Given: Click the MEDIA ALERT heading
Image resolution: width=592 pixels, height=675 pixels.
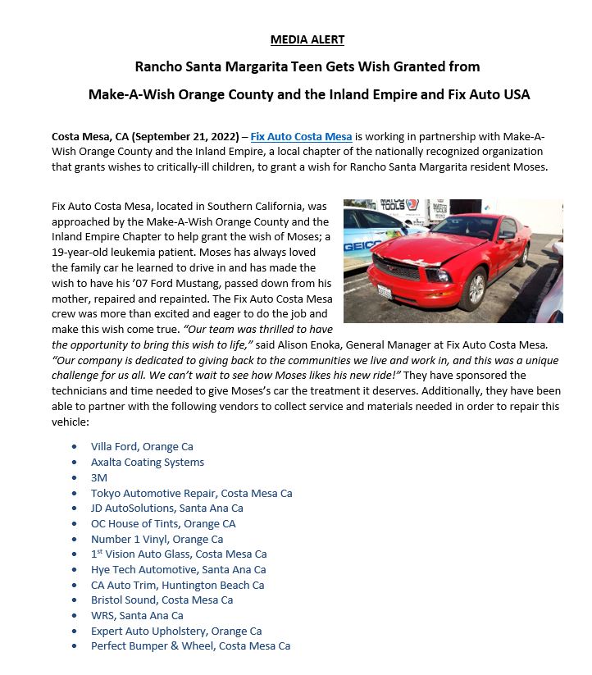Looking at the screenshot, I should [307, 39].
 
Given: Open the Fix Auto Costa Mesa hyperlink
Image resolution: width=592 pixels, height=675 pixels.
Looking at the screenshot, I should [301, 136].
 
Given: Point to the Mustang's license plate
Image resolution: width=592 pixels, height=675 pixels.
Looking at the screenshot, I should [384, 292].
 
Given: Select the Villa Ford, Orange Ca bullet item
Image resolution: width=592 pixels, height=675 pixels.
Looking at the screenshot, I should [142, 447].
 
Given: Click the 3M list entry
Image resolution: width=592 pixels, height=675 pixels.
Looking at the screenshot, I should [99, 477].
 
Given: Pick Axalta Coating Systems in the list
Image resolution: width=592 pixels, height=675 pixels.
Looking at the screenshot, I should [148, 462].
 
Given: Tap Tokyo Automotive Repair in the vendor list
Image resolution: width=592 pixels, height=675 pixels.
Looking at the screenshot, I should [191, 493].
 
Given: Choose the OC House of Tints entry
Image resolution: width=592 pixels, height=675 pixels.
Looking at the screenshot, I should [163, 523].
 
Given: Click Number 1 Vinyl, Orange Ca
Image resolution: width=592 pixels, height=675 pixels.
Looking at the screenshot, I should [157, 539].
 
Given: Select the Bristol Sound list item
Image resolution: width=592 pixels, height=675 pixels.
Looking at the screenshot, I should [162, 600].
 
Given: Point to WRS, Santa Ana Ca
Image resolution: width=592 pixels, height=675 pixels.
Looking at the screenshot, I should [137, 615].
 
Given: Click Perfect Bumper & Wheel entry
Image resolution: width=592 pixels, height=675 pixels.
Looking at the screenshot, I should [190, 646].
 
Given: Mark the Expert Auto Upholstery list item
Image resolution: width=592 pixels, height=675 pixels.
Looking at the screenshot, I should [176, 631].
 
